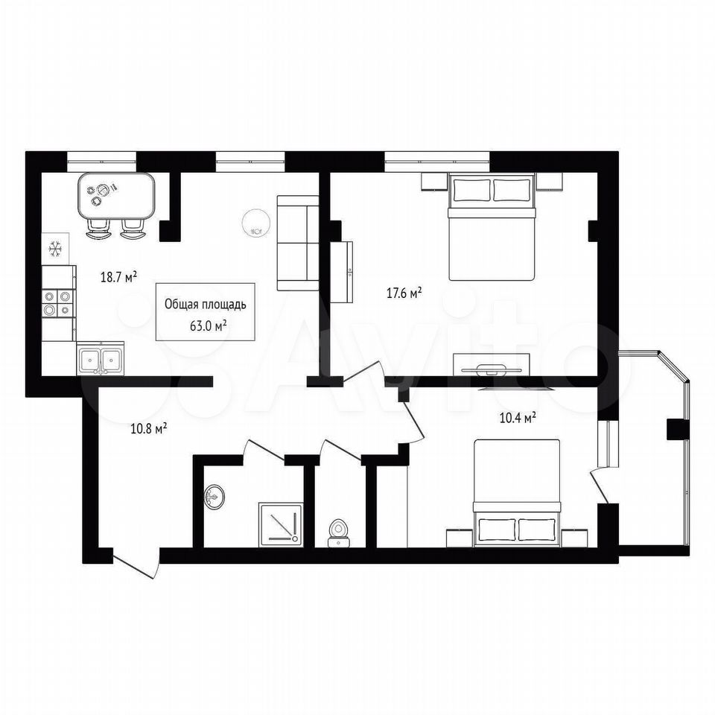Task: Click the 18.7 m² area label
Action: (119, 277)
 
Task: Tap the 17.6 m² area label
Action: (404, 293)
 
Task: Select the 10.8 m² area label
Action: (149, 429)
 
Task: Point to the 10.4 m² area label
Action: (518, 418)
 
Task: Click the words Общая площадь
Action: (206, 304)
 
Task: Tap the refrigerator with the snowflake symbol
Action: (55, 249)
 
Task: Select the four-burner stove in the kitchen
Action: (57, 304)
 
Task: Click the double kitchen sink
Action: (101, 359)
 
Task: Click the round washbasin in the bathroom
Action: (214, 497)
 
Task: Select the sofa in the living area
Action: (298, 243)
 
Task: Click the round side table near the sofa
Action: (256, 223)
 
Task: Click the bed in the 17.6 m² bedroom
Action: (492, 226)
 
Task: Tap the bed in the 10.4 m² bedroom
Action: (517, 492)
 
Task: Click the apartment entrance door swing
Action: (135, 565)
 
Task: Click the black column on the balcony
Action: (678, 429)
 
